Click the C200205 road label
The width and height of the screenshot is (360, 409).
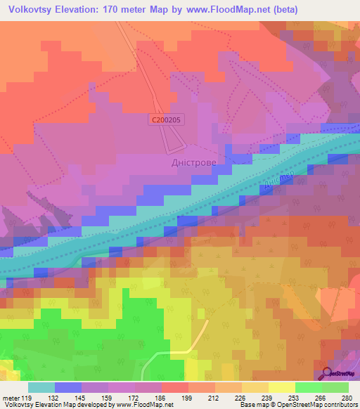(x=168, y=120)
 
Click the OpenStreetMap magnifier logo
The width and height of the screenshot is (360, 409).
(x=328, y=374)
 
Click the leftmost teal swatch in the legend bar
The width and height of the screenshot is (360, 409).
(x=41, y=387)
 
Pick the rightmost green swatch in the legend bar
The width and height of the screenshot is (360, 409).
(x=335, y=387)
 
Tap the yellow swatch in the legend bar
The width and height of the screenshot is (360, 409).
(x=281, y=387)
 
